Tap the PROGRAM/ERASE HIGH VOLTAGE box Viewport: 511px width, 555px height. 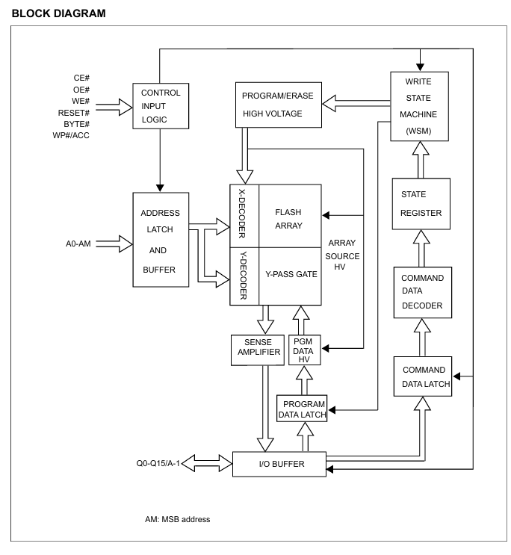tap(278, 105)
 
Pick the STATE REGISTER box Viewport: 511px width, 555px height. tap(421, 203)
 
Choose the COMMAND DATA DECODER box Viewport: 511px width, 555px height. tap(421, 292)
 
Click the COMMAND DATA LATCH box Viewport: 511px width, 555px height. tap(424, 378)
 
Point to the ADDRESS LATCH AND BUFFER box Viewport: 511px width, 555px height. tap(160, 239)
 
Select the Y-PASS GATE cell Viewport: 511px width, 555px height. tap(289, 275)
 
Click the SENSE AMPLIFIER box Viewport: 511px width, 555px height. tap(257, 350)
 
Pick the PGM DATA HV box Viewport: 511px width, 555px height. tap(304, 350)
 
